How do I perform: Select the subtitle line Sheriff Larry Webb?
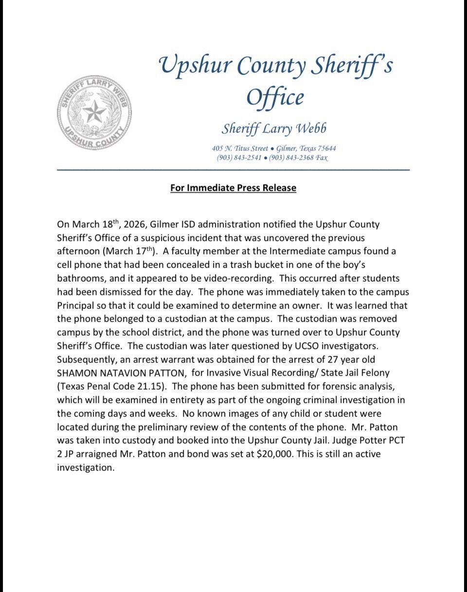pos(274,128)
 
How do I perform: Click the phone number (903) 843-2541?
pos(239,158)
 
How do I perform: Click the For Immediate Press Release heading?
pos(233,188)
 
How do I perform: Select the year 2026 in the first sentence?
pos(135,224)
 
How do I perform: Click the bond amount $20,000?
pos(272,454)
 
